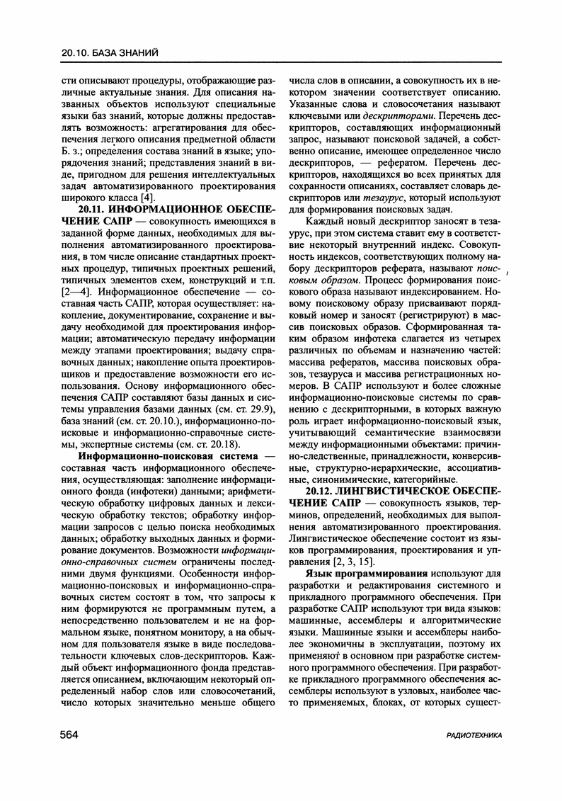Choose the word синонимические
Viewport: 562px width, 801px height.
pyautogui.click(x=343, y=479)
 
